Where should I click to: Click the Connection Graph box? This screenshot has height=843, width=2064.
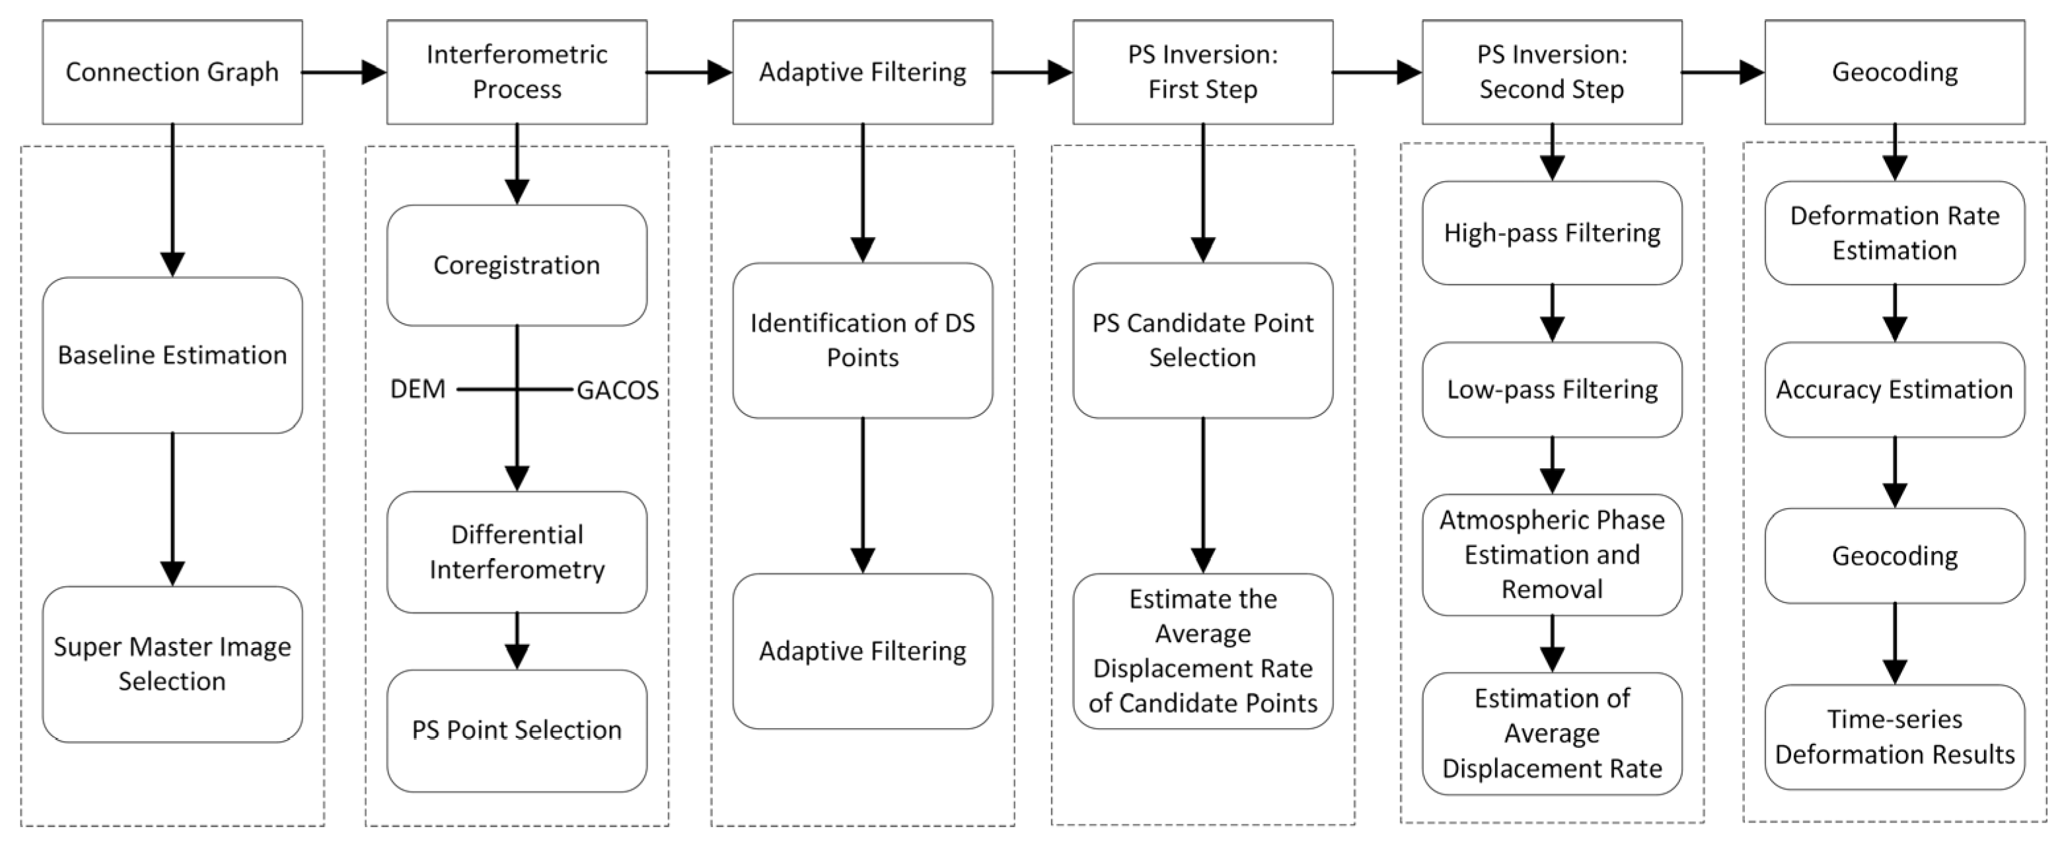pyautogui.click(x=172, y=72)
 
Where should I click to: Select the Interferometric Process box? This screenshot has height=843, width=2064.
pyautogui.click(x=517, y=72)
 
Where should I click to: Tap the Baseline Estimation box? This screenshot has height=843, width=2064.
pyautogui.click(x=172, y=355)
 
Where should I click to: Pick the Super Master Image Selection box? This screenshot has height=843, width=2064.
pyautogui.click(x=172, y=663)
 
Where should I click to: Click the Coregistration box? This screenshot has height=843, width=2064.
pyautogui.click(x=517, y=265)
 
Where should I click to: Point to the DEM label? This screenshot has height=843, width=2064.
pyautogui.click(x=418, y=389)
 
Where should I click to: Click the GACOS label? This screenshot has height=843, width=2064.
pyautogui.click(x=618, y=390)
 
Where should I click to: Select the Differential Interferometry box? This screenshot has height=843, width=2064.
pyautogui.click(x=517, y=552)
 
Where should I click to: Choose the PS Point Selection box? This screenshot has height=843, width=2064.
pyautogui.click(x=517, y=730)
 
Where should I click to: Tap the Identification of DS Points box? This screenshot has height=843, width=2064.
pyautogui.click(x=862, y=340)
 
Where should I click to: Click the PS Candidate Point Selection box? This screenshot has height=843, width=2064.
pyautogui.click(x=1202, y=340)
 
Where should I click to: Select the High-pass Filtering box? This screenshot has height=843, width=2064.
pyautogui.click(x=1552, y=233)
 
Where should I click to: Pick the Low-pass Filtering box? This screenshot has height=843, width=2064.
pyautogui.click(x=1552, y=389)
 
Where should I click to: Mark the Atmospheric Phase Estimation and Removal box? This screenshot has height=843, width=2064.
pyautogui.click(x=1552, y=554)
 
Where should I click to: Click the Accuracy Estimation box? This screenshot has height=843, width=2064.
pyautogui.click(x=1894, y=389)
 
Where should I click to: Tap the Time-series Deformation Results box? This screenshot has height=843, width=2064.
pyautogui.click(x=1894, y=737)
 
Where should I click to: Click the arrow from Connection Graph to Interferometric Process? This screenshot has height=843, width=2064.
pyautogui.click(x=344, y=72)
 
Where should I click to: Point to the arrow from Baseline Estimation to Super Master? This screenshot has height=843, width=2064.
pyautogui.click(x=172, y=509)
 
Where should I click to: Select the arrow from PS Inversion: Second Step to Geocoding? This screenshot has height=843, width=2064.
pyautogui.click(x=1722, y=72)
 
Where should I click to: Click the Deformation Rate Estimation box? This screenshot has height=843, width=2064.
pyautogui.click(x=1894, y=233)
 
